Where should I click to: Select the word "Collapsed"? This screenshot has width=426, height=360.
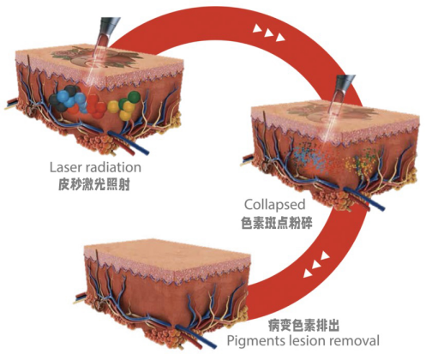click(274, 205)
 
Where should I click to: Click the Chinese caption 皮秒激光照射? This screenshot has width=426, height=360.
click(94, 185)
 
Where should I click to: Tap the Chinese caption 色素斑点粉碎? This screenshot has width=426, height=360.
click(277, 223)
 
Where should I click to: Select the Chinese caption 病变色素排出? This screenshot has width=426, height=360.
click(303, 326)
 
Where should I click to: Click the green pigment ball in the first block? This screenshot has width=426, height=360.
click(134, 97)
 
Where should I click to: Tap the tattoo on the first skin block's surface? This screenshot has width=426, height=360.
click(97, 57)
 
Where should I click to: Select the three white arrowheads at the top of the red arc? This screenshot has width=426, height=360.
click(268, 33)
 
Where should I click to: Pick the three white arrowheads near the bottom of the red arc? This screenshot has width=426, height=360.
click(316, 264)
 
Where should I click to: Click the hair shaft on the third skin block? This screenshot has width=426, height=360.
click(98, 264)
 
